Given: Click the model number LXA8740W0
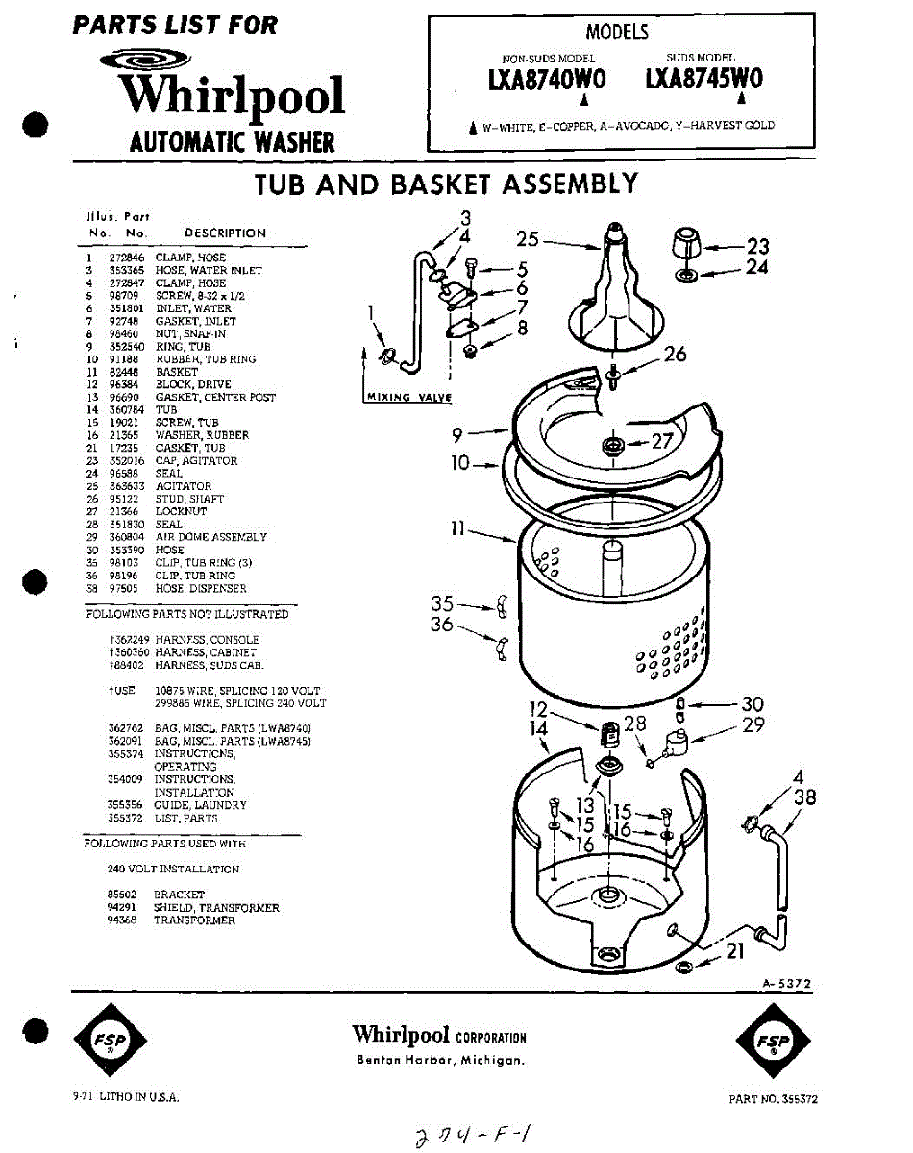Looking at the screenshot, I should coord(547,81).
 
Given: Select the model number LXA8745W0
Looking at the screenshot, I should coord(704,80).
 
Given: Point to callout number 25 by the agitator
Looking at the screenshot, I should coord(528,238).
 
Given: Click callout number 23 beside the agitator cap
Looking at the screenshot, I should coord(757,246).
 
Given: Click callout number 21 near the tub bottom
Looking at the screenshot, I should coord(734,950).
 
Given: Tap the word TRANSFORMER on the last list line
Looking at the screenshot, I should coord(194,920).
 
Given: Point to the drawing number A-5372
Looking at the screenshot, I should coord(787,983).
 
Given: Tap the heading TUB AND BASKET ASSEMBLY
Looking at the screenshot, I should coord(446,184).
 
